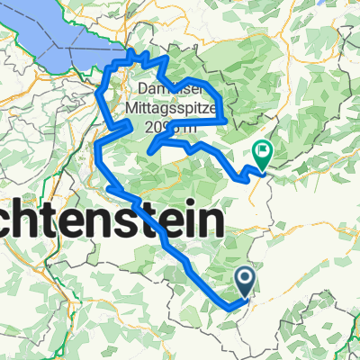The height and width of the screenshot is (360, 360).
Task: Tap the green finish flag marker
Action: (263, 157)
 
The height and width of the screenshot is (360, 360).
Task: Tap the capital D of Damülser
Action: (145, 91)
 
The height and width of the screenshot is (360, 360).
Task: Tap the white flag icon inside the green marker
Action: (263, 153)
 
